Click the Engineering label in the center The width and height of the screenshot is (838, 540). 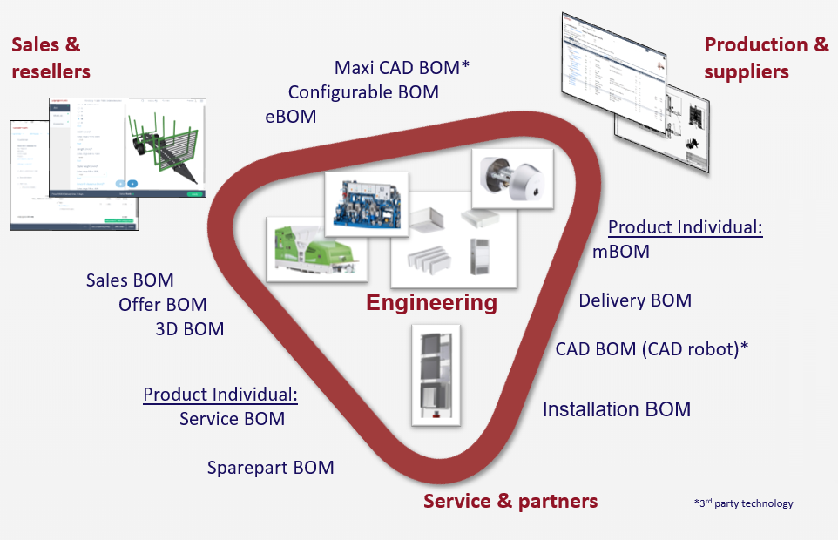431,303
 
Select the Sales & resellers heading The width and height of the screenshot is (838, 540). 51,57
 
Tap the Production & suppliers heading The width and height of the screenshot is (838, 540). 766,57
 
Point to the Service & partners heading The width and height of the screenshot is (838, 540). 510,501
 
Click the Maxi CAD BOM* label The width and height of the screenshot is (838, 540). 402,67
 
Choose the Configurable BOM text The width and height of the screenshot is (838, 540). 363,91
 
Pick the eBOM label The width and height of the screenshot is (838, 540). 291,116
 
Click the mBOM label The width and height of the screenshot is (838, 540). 620,252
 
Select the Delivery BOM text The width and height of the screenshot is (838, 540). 635,300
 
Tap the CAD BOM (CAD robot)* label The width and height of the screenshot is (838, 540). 652,348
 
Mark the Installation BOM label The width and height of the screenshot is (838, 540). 617,408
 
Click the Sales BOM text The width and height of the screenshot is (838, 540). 130,280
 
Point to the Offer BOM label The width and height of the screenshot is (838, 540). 163,305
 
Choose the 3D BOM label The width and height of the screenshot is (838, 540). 189,329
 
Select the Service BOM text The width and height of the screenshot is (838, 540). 232,419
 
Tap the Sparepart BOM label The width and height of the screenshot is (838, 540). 270,468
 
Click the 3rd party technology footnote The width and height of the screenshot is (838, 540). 743,503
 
